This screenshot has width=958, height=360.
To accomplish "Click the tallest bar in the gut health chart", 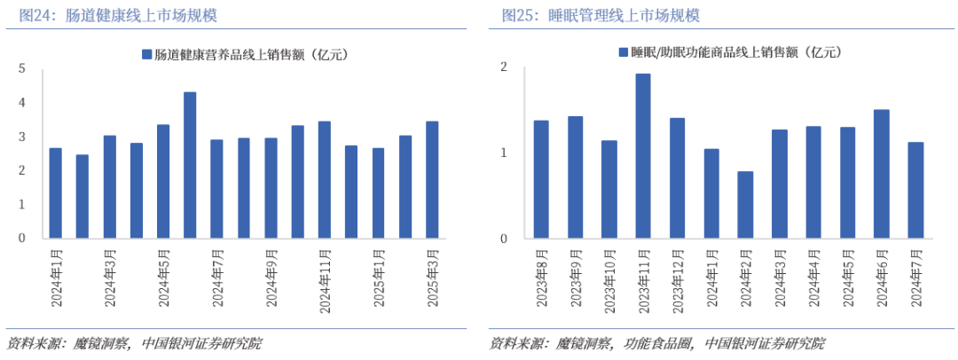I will [190, 165].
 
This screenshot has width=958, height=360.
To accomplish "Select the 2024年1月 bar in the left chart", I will [55, 193].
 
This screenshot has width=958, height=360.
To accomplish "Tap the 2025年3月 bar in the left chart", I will [432, 180].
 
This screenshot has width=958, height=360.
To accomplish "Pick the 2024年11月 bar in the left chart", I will [325, 180].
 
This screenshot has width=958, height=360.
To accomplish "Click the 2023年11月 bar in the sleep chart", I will [643, 156].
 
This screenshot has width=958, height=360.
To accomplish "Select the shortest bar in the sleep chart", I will [745, 205].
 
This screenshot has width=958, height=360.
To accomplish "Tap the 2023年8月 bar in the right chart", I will [541, 180].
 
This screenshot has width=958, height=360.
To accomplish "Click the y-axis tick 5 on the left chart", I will [22, 68].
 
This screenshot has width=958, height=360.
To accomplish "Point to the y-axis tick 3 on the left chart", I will [22, 137].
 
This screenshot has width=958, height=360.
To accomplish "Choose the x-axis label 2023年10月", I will [609, 280].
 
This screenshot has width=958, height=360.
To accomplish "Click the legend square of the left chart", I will [146, 54].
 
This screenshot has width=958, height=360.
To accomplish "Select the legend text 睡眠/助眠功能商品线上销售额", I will [719, 53].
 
